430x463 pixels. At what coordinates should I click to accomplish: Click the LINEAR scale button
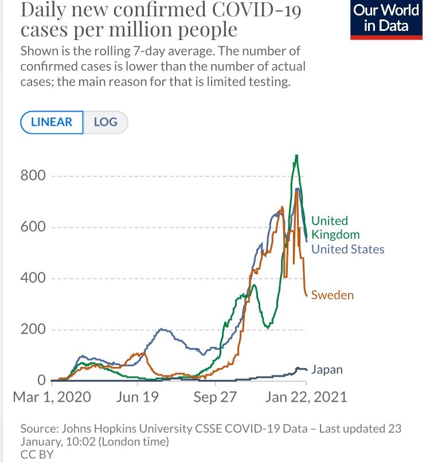click(52, 122)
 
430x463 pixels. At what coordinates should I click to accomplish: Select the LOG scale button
click(105, 122)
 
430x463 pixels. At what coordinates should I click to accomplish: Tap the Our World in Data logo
click(386, 18)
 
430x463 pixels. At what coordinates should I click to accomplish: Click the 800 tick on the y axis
click(33, 176)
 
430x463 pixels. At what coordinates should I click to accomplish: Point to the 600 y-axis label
click(33, 227)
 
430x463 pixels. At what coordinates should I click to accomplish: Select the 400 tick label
click(33, 279)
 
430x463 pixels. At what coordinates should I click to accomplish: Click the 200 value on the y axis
click(33, 330)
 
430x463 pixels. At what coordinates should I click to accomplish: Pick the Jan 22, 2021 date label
click(306, 397)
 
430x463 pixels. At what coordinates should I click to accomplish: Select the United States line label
click(347, 249)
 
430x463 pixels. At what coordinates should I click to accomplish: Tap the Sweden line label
click(332, 295)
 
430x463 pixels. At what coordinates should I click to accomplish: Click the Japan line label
click(327, 370)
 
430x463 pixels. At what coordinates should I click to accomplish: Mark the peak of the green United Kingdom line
click(296, 155)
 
